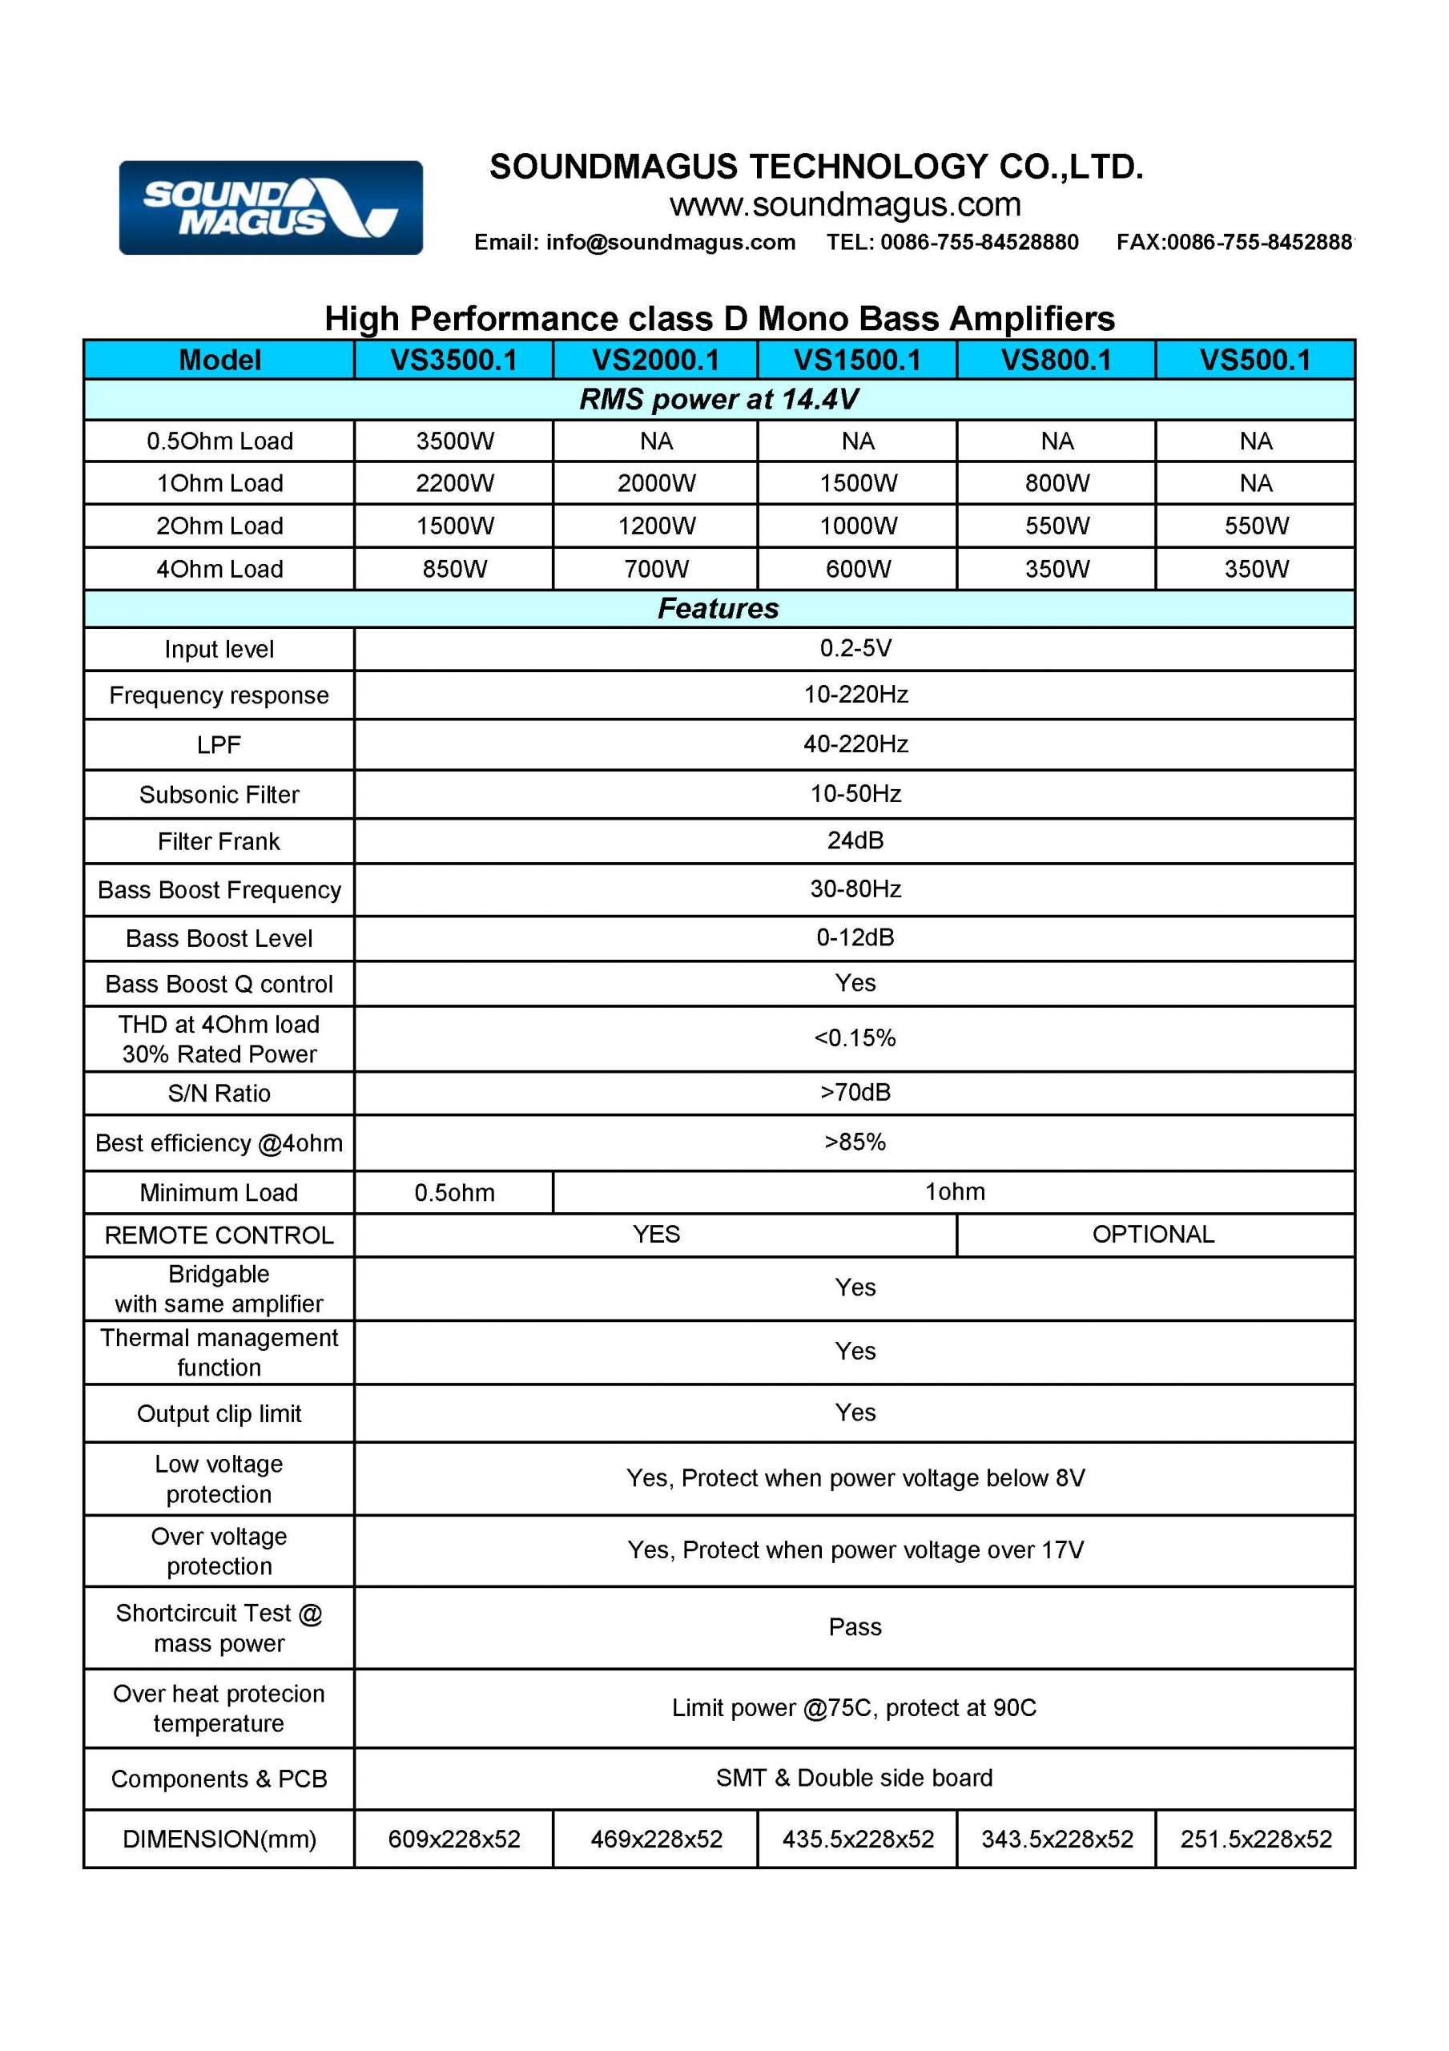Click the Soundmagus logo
(271, 208)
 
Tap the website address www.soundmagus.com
(844, 204)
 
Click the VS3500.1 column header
(454, 360)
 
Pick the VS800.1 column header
(1056, 360)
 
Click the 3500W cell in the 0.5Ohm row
(455, 441)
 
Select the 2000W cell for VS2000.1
(656, 483)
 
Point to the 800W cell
(1057, 483)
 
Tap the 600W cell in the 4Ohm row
(858, 569)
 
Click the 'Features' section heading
(718, 608)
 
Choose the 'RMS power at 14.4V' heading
(718, 399)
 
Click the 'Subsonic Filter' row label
(219, 794)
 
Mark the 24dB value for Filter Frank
(855, 840)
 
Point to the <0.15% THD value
(855, 1038)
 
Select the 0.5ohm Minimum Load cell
(454, 1193)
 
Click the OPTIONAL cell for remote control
(1153, 1235)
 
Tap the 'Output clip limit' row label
(219, 1413)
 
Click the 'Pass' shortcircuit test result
(855, 1626)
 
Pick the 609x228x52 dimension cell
(454, 1839)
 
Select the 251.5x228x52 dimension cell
(1255, 1839)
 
